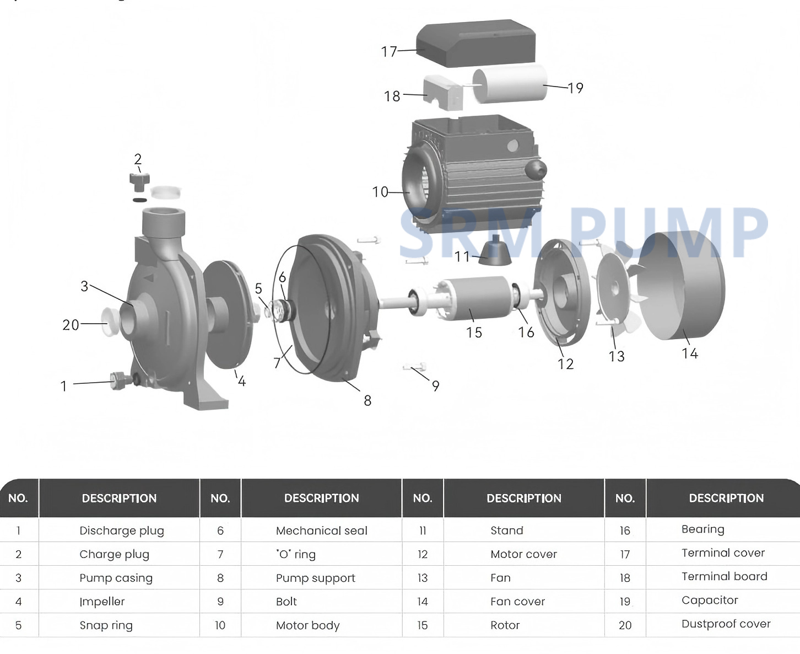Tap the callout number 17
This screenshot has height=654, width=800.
coord(389,52)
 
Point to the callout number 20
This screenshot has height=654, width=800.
coord(71,325)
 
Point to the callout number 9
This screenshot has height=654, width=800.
coord(435,386)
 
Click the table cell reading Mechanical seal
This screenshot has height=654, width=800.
coord(321,530)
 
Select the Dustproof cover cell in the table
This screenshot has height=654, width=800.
coord(726,624)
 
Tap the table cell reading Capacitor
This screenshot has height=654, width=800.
coord(710,600)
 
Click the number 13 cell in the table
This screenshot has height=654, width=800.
coord(422,578)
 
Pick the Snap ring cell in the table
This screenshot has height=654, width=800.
coord(106,625)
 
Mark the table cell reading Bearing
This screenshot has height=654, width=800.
coord(702,529)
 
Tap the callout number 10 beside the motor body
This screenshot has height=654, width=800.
coord(380,192)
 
